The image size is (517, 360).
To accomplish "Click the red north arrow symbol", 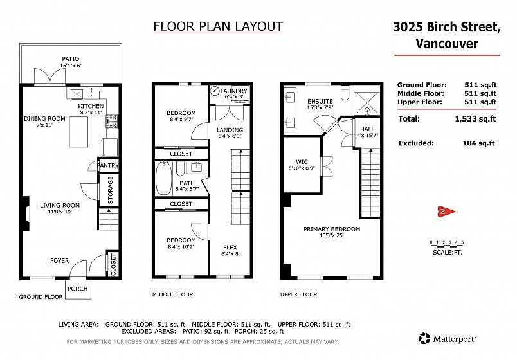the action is (446, 212).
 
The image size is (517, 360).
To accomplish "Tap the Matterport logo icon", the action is (424, 338).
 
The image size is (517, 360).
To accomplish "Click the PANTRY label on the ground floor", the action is (108, 165).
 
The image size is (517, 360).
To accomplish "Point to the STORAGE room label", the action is (110, 190).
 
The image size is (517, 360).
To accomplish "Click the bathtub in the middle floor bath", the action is (163, 178).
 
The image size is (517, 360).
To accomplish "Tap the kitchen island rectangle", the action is (78, 132).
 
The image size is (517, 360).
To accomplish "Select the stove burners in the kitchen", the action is (112, 121).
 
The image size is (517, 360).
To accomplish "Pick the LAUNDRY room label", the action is (234, 91).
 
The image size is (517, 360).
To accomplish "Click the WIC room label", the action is (302, 162).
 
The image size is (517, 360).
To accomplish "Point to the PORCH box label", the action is (77, 289).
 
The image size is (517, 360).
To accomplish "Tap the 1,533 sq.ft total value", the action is (475, 119).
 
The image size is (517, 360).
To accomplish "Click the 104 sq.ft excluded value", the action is (479, 143).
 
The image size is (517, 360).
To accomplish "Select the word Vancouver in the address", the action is (447, 44).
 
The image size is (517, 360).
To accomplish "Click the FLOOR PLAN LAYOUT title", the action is (218, 26).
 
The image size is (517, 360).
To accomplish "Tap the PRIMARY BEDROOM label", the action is (332, 229).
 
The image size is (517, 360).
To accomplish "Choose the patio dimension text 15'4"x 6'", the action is (71, 66).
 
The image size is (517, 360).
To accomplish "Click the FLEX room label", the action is (230, 248).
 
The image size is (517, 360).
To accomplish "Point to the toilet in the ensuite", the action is (345, 93).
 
